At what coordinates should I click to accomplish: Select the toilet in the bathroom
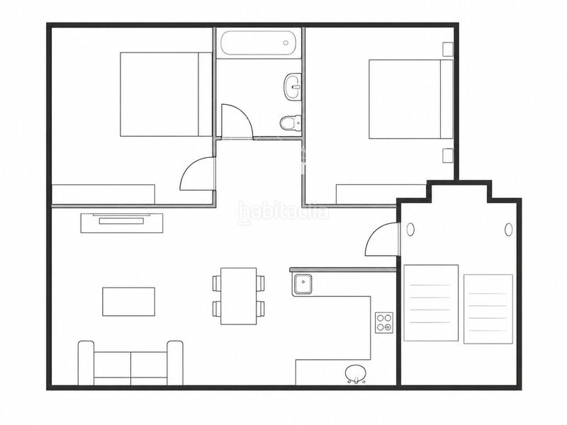point(291,123)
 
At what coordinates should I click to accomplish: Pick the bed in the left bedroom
point(166,94)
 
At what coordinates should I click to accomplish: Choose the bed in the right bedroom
point(411,99)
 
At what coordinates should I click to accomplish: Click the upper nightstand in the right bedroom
point(448,50)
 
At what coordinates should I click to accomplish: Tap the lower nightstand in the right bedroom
point(448,155)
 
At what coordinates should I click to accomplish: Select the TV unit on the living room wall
point(122,222)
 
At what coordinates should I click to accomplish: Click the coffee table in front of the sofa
point(129,302)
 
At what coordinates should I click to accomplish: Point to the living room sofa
point(130,363)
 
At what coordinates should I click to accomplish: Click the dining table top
point(239,296)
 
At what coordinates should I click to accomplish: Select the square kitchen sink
point(303,284)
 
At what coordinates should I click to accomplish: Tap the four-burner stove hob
point(384,322)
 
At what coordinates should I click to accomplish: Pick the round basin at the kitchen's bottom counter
point(356,373)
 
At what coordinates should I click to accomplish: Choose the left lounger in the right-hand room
point(431,303)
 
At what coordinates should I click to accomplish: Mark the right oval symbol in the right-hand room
point(509,229)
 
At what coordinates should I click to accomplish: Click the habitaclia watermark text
point(284,212)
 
